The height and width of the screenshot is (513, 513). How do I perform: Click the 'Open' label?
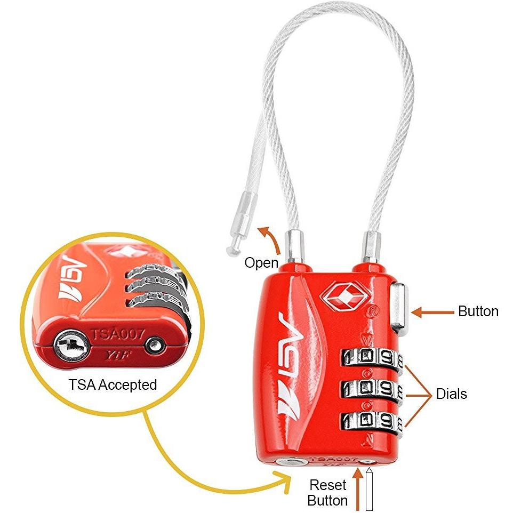[x=261, y=262]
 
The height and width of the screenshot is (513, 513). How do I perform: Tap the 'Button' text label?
[x=478, y=311]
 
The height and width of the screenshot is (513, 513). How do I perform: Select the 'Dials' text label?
[x=451, y=394]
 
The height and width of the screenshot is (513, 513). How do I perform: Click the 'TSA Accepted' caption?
[x=113, y=384]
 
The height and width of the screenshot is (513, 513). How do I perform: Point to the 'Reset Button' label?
[x=328, y=493]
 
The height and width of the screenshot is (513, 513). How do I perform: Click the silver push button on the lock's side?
[x=400, y=309]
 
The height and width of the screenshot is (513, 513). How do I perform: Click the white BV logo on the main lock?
[x=291, y=362]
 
